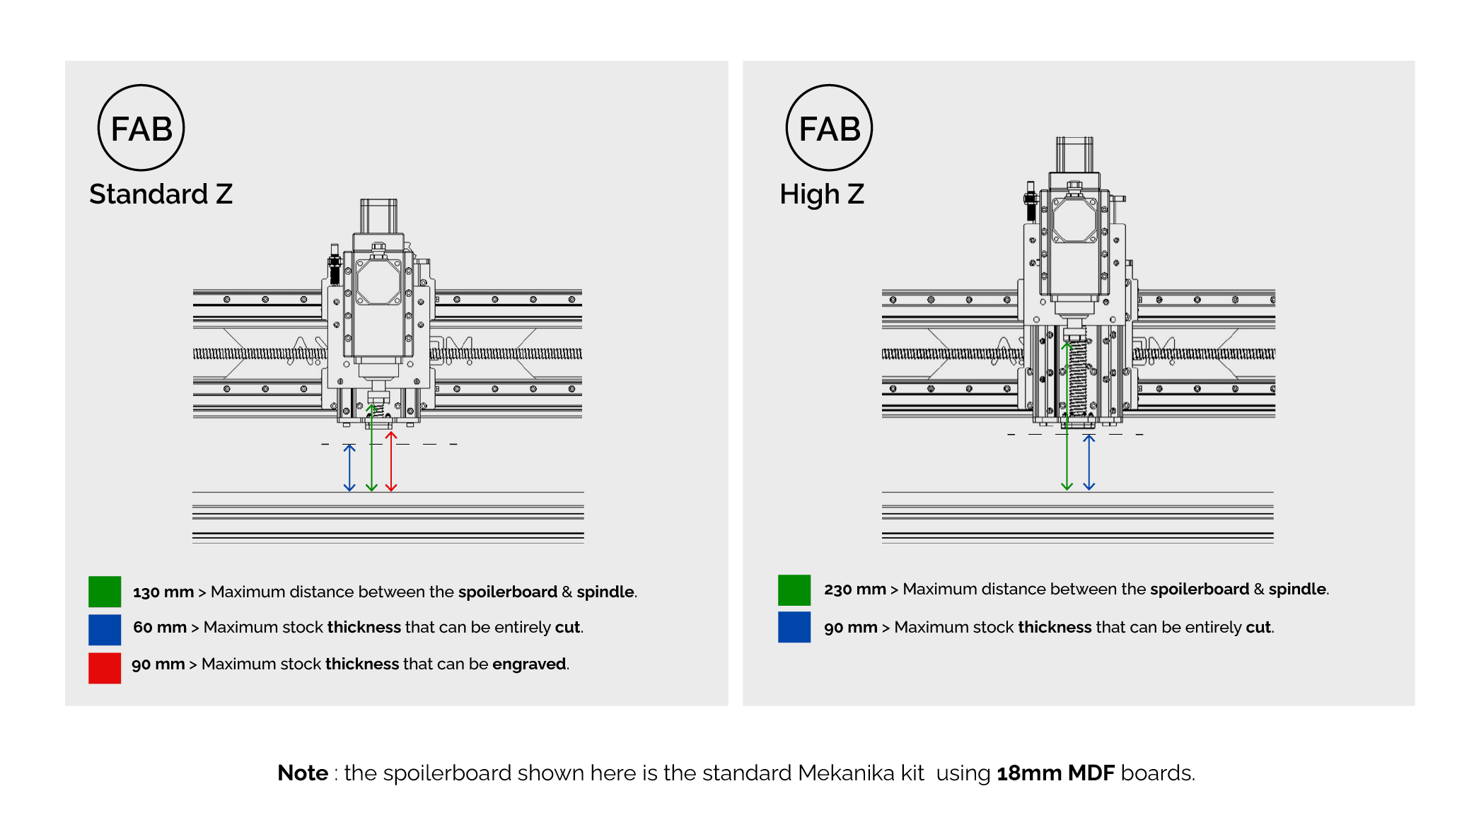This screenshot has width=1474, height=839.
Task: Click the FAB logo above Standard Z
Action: (141, 128)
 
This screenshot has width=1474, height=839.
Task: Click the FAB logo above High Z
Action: (829, 128)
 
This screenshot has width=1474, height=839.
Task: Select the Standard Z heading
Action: (161, 194)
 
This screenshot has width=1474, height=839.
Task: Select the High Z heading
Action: (821, 194)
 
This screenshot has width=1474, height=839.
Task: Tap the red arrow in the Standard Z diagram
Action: (391, 463)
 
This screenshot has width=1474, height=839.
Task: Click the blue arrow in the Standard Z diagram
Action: (349, 468)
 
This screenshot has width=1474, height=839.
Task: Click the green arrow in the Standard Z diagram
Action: (371, 452)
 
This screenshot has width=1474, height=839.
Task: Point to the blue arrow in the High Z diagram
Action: (1089, 463)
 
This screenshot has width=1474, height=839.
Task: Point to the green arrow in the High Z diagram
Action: (1067, 424)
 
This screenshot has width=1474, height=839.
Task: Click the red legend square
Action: (105, 668)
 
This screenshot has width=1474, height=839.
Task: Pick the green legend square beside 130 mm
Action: (105, 592)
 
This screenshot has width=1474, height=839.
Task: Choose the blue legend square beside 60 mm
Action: (105, 630)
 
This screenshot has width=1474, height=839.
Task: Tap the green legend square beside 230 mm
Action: (794, 590)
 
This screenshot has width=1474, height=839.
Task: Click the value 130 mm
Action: (163, 592)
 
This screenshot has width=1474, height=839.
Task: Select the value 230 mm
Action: (854, 589)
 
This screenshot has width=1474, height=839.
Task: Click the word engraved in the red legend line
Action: (528, 664)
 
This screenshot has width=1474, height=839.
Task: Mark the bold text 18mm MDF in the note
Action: (1055, 773)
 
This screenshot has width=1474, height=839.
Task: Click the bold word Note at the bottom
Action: (303, 773)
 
